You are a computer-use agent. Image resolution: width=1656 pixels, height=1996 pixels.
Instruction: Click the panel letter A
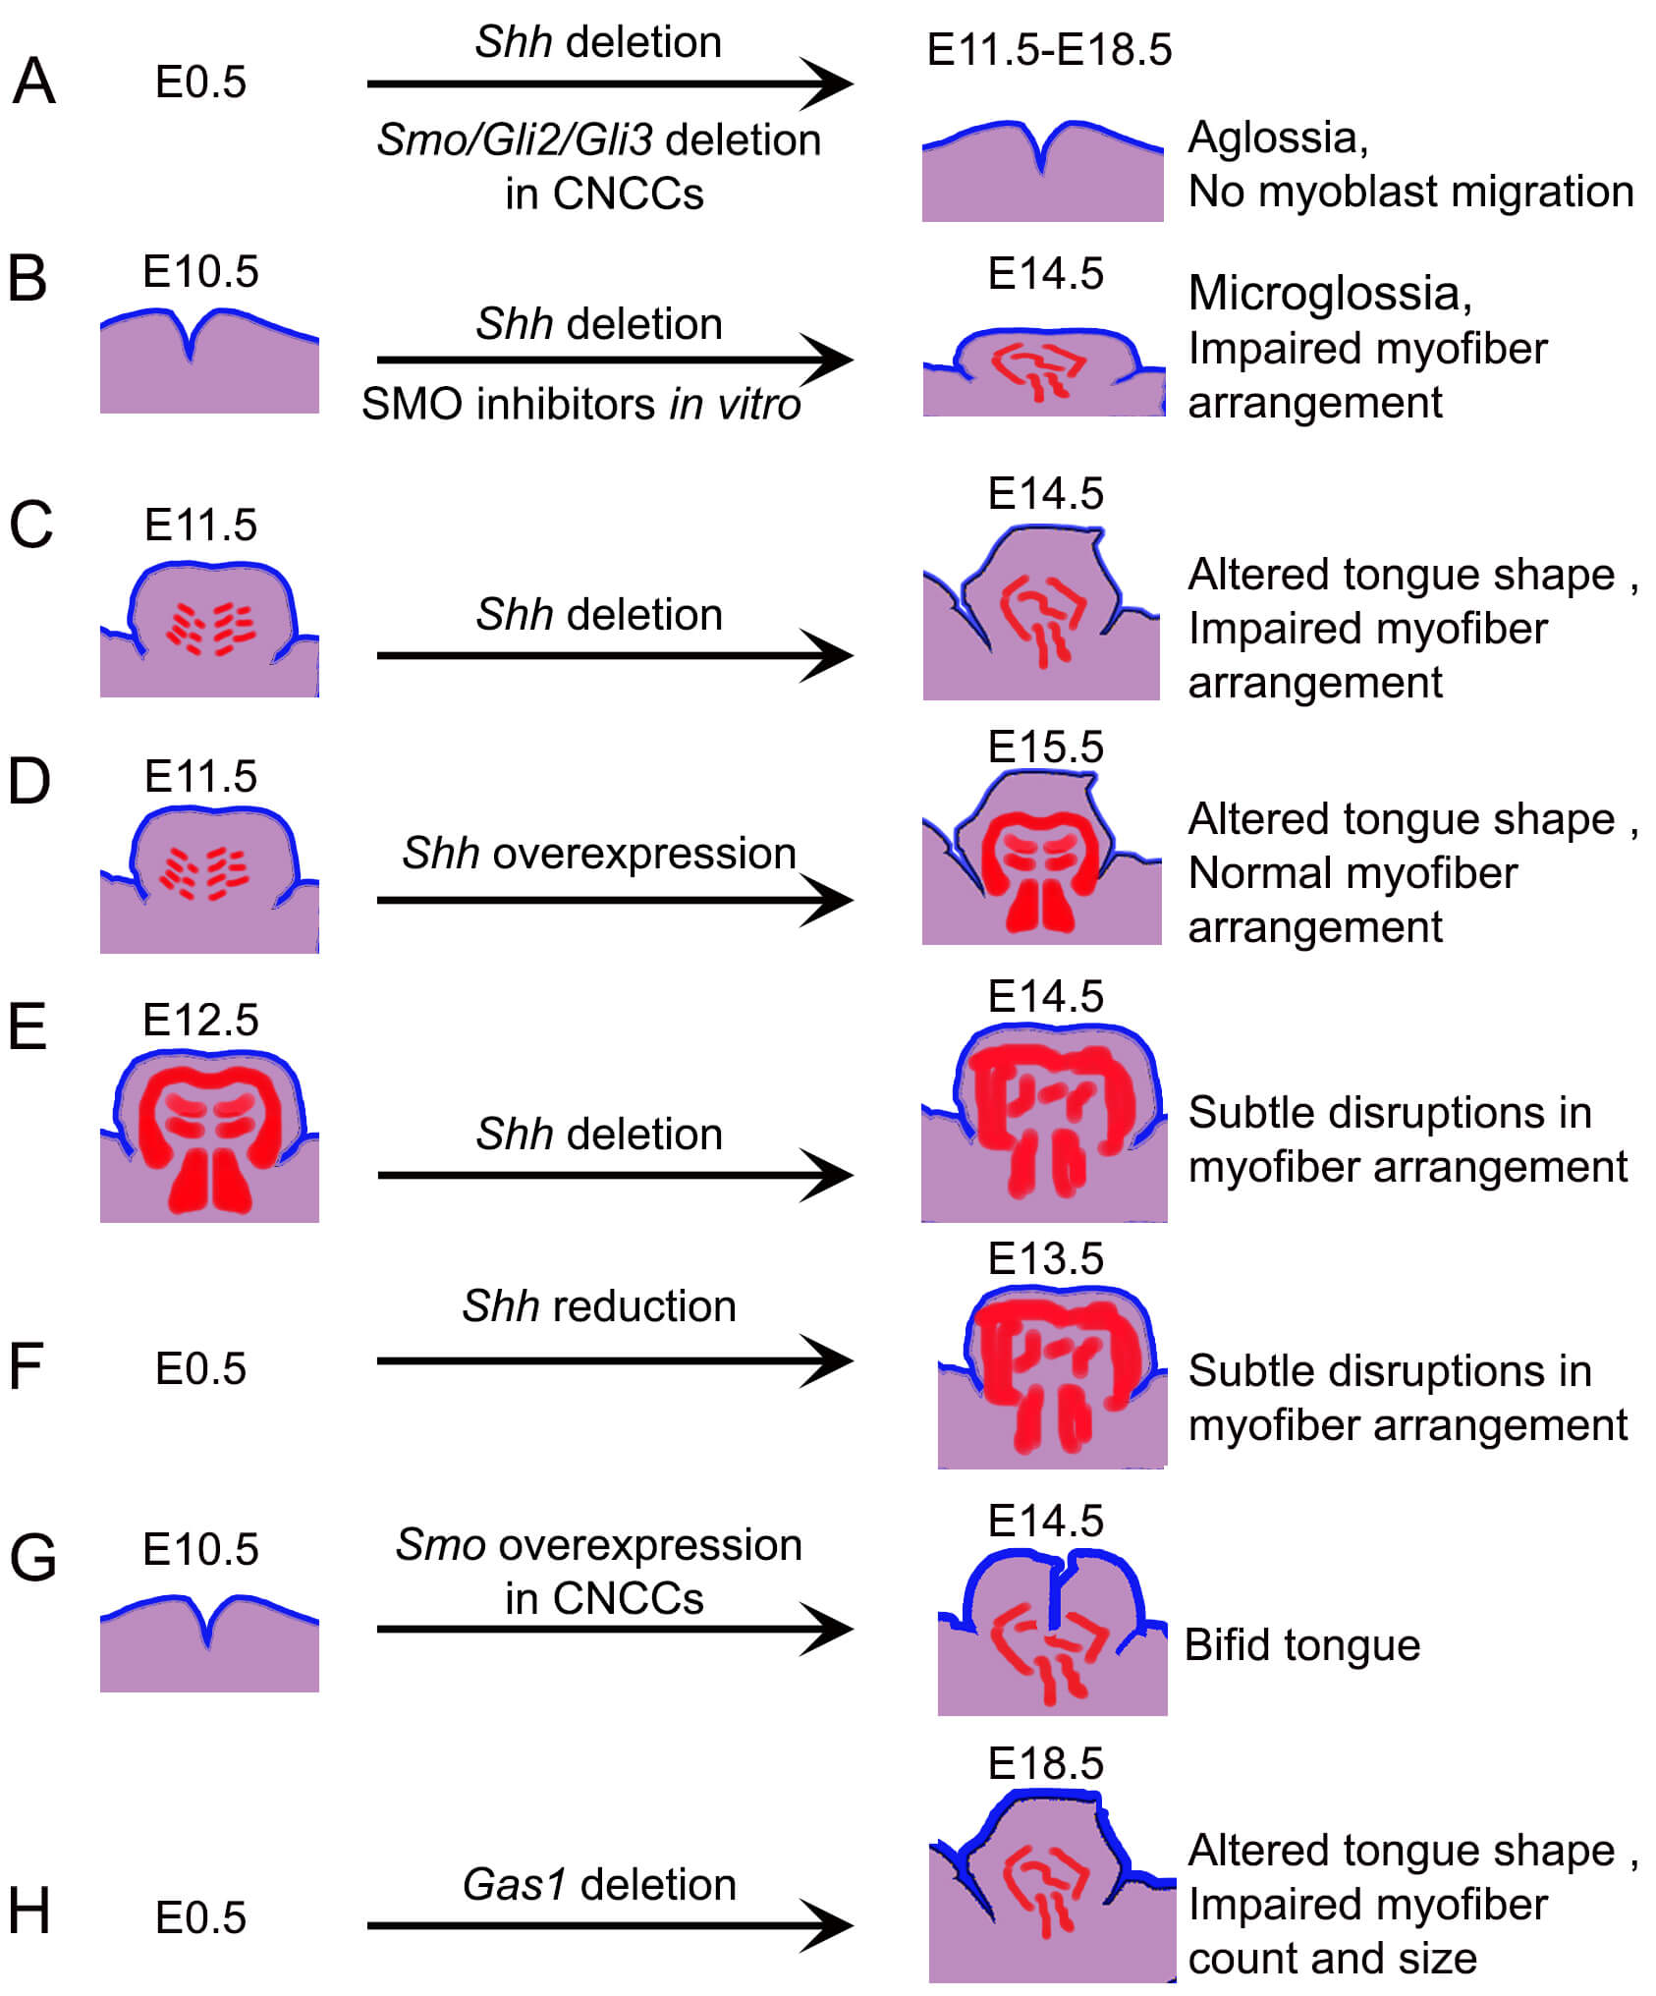pyautogui.click(x=33, y=82)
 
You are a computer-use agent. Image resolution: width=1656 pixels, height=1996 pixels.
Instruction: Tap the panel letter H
pyautogui.click(x=29, y=1911)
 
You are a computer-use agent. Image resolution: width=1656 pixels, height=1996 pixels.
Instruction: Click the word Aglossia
pyautogui.click(x=1277, y=138)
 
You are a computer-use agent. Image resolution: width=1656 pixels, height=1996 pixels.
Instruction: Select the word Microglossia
pyautogui.click(x=1329, y=293)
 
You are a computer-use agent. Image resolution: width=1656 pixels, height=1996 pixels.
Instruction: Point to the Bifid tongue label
pyautogui.click(x=1302, y=1644)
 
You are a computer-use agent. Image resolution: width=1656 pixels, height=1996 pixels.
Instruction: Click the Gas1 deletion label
pyautogui.click(x=599, y=1884)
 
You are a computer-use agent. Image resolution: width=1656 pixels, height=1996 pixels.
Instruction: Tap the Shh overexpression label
pyautogui.click(x=599, y=853)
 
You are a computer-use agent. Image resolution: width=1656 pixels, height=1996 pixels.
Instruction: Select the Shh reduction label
pyautogui.click(x=599, y=1305)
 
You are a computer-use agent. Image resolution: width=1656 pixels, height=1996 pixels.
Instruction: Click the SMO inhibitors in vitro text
pyautogui.click(x=581, y=404)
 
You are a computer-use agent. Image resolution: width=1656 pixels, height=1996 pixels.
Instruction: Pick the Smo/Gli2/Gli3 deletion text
pyautogui.click(x=599, y=139)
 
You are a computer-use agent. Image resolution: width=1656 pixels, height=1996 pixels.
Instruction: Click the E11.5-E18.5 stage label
pyautogui.click(x=1049, y=49)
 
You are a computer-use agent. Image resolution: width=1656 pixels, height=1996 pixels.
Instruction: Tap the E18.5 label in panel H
pyautogui.click(x=1046, y=1763)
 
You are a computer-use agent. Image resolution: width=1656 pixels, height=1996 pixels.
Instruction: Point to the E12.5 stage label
pyautogui.click(x=200, y=1020)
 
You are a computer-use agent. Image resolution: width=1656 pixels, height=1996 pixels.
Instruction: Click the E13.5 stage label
pyautogui.click(x=1046, y=1258)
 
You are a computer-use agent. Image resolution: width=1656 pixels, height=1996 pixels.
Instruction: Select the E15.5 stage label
pyautogui.click(x=1046, y=747)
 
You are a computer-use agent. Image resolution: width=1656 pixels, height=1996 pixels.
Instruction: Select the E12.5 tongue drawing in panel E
pyautogui.click(x=209, y=1135)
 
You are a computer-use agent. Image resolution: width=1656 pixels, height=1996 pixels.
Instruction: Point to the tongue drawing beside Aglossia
pyautogui.click(x=1042, y=177)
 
